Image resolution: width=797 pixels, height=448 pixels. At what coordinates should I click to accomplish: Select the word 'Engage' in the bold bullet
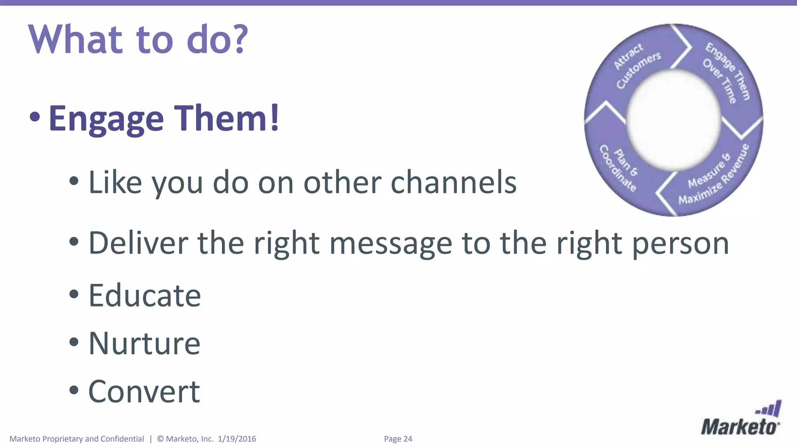point(106,119)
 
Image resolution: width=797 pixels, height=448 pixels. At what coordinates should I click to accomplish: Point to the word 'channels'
point(453,182)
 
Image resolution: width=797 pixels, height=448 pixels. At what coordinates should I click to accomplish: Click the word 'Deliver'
point(139,243)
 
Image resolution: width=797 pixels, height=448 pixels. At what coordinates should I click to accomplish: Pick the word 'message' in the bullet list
point(391,244)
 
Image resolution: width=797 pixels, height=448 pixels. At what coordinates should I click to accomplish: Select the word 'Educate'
point(145,296)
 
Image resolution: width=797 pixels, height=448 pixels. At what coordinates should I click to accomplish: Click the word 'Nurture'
point(144,343)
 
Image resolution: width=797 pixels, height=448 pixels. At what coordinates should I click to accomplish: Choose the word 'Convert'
point(144,392)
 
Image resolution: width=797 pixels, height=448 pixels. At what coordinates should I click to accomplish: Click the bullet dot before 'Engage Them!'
point(35,117)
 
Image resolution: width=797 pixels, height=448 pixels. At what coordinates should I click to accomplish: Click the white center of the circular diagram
point(674,120)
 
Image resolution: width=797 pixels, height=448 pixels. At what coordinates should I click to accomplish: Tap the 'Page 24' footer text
point(398,439)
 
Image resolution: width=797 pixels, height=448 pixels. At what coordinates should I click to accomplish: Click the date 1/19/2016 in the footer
point(237,439)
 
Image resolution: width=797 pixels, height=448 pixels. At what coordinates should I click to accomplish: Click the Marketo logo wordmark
point(739,427)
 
